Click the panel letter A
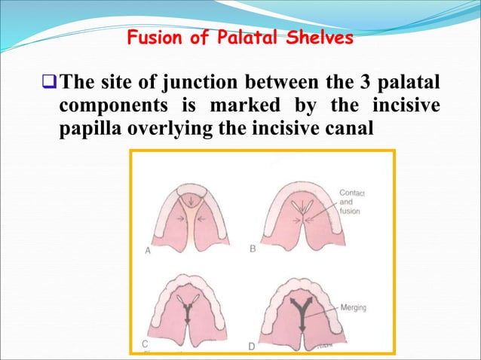(x=148, y=252)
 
